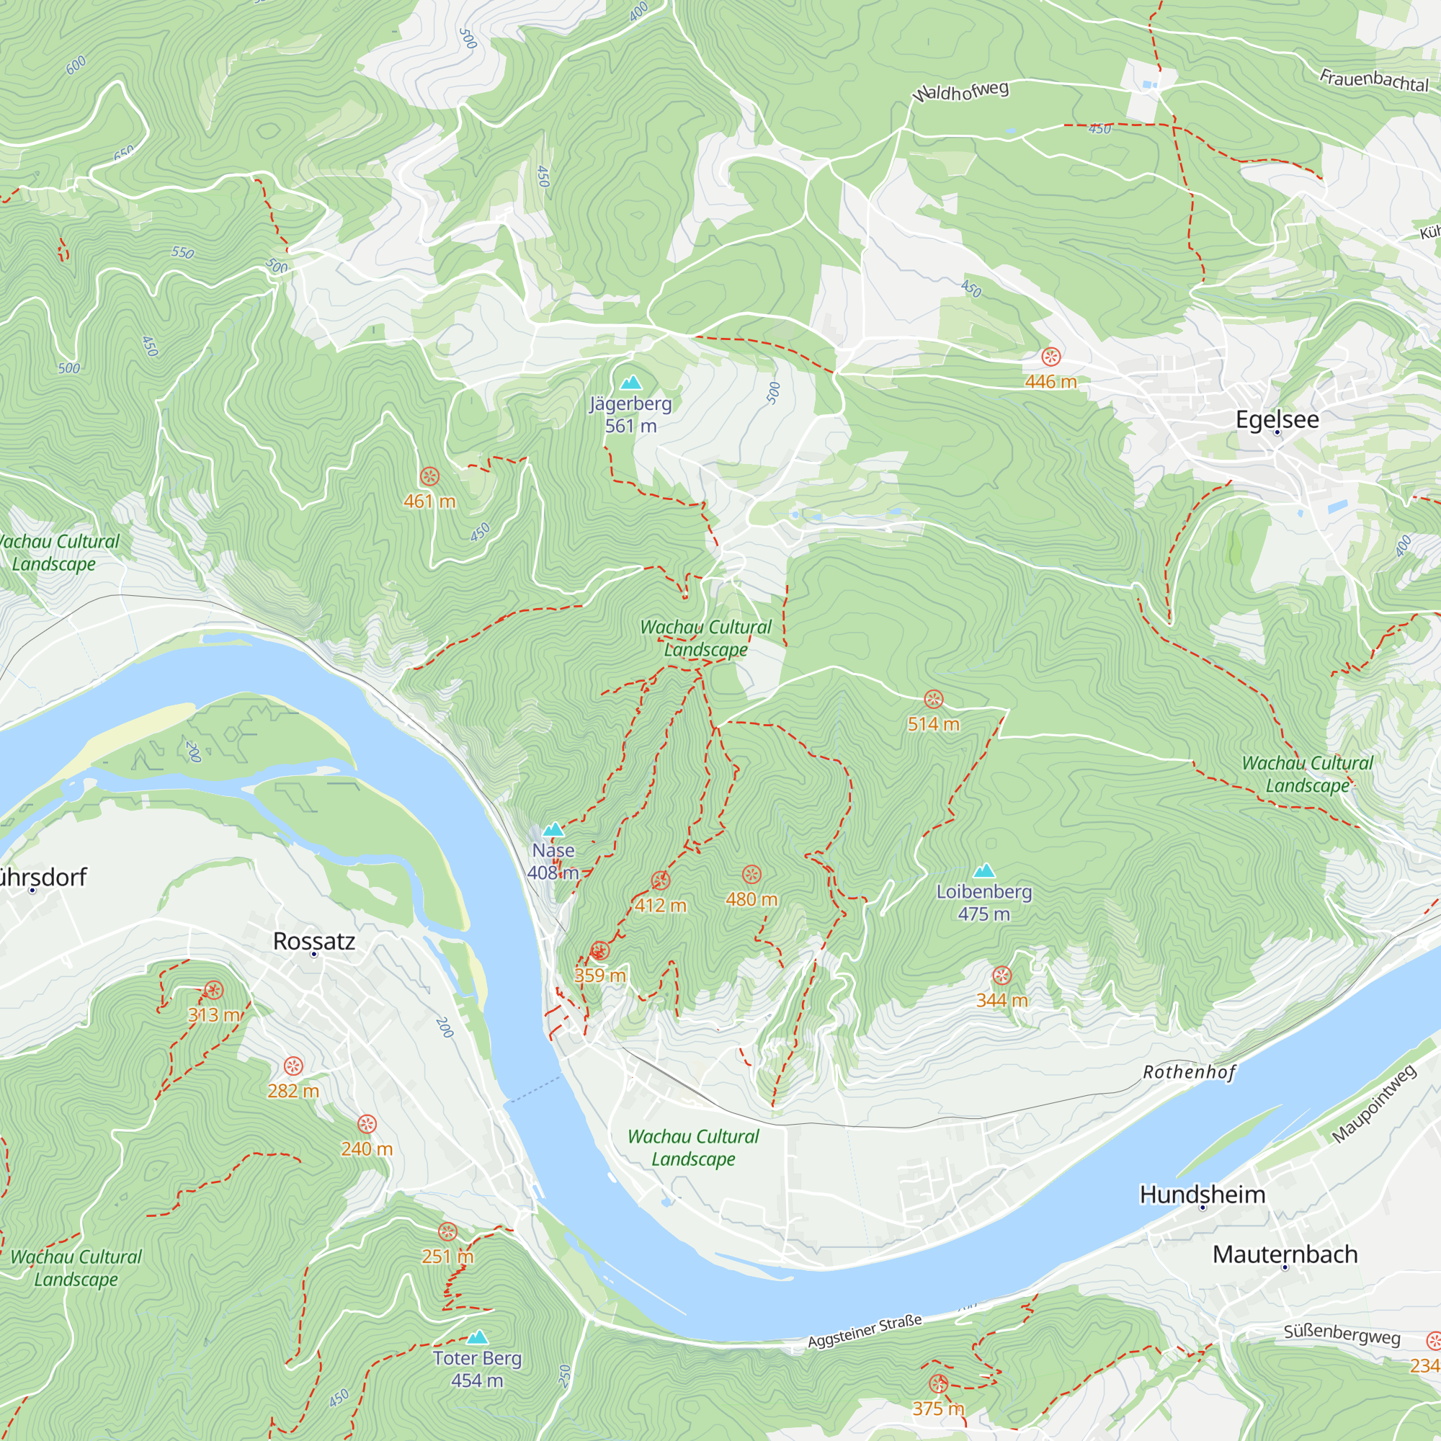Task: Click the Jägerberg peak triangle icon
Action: tap(631, 383)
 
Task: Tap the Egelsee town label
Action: tap(1277, 419)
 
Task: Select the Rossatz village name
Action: tap(314, 941)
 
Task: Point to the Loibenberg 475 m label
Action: tap(983, 903)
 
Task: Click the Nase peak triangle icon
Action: tap(553, 830)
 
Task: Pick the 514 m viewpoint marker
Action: tap(934, 700)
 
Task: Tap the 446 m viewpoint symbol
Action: tap(1051, 357)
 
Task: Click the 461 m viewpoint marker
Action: tap(429, 476)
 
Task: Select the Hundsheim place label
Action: tap(1203, 1194)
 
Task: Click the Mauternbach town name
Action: tap(1285, 1254)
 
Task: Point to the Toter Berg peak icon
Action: tap(478, 1337)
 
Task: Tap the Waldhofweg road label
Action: tap(960, 92)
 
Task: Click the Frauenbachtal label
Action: tap(1374, 80)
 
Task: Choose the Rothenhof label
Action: tap(1189, 1072)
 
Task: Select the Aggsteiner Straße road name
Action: tap(865, 1331)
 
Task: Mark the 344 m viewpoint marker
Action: tap(1001, 976)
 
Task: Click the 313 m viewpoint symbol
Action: tap(213, 991)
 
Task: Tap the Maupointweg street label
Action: tap(1374, 1104)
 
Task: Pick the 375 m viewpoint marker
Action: tap(938, 1384)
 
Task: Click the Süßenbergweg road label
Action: tap(1342, 1334)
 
